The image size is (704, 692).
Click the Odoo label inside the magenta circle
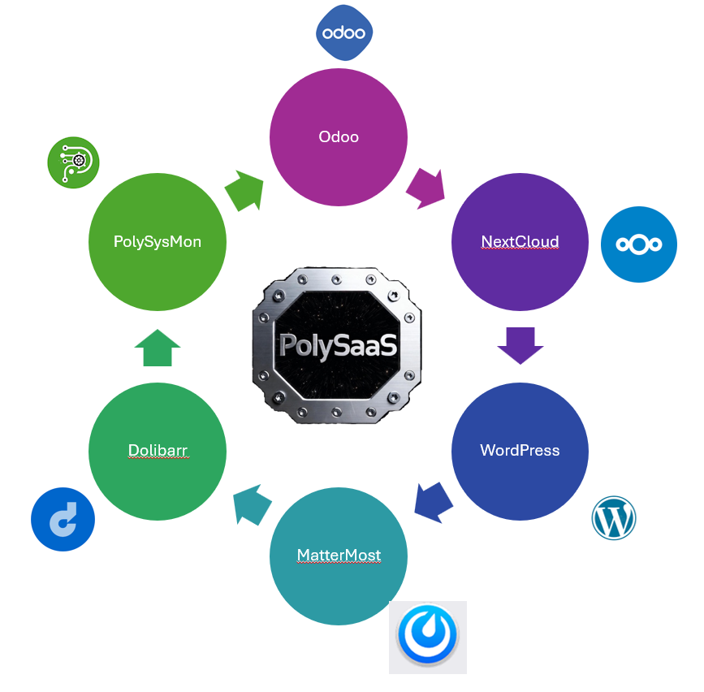click(339, 136)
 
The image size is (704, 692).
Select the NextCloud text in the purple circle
click(520, 241)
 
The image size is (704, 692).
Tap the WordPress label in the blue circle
click(520, 450)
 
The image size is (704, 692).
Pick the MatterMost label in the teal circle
click(339, 556)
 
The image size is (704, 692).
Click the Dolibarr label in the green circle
click(158, 450)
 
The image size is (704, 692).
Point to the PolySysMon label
click(157, 241)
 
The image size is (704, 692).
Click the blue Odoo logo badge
click(344, 33)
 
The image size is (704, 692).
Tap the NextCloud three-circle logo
click(639, 244)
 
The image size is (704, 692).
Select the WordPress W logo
click(614, 518)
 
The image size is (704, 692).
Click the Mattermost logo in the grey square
click(427, 638)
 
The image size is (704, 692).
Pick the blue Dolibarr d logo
click(63, 519)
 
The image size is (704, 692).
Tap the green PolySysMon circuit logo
click(73, 162)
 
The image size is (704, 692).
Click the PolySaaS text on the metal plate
click(338, 345)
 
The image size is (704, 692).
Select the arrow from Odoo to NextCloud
click(426, 188)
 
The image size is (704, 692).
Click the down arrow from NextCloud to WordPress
click(520, 344)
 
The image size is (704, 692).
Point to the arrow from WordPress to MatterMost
click(433, 500)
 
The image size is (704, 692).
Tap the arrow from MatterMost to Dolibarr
click(252, 504)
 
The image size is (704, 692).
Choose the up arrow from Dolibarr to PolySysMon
click(157, 348)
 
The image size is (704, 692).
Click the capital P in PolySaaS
click(289, 345)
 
